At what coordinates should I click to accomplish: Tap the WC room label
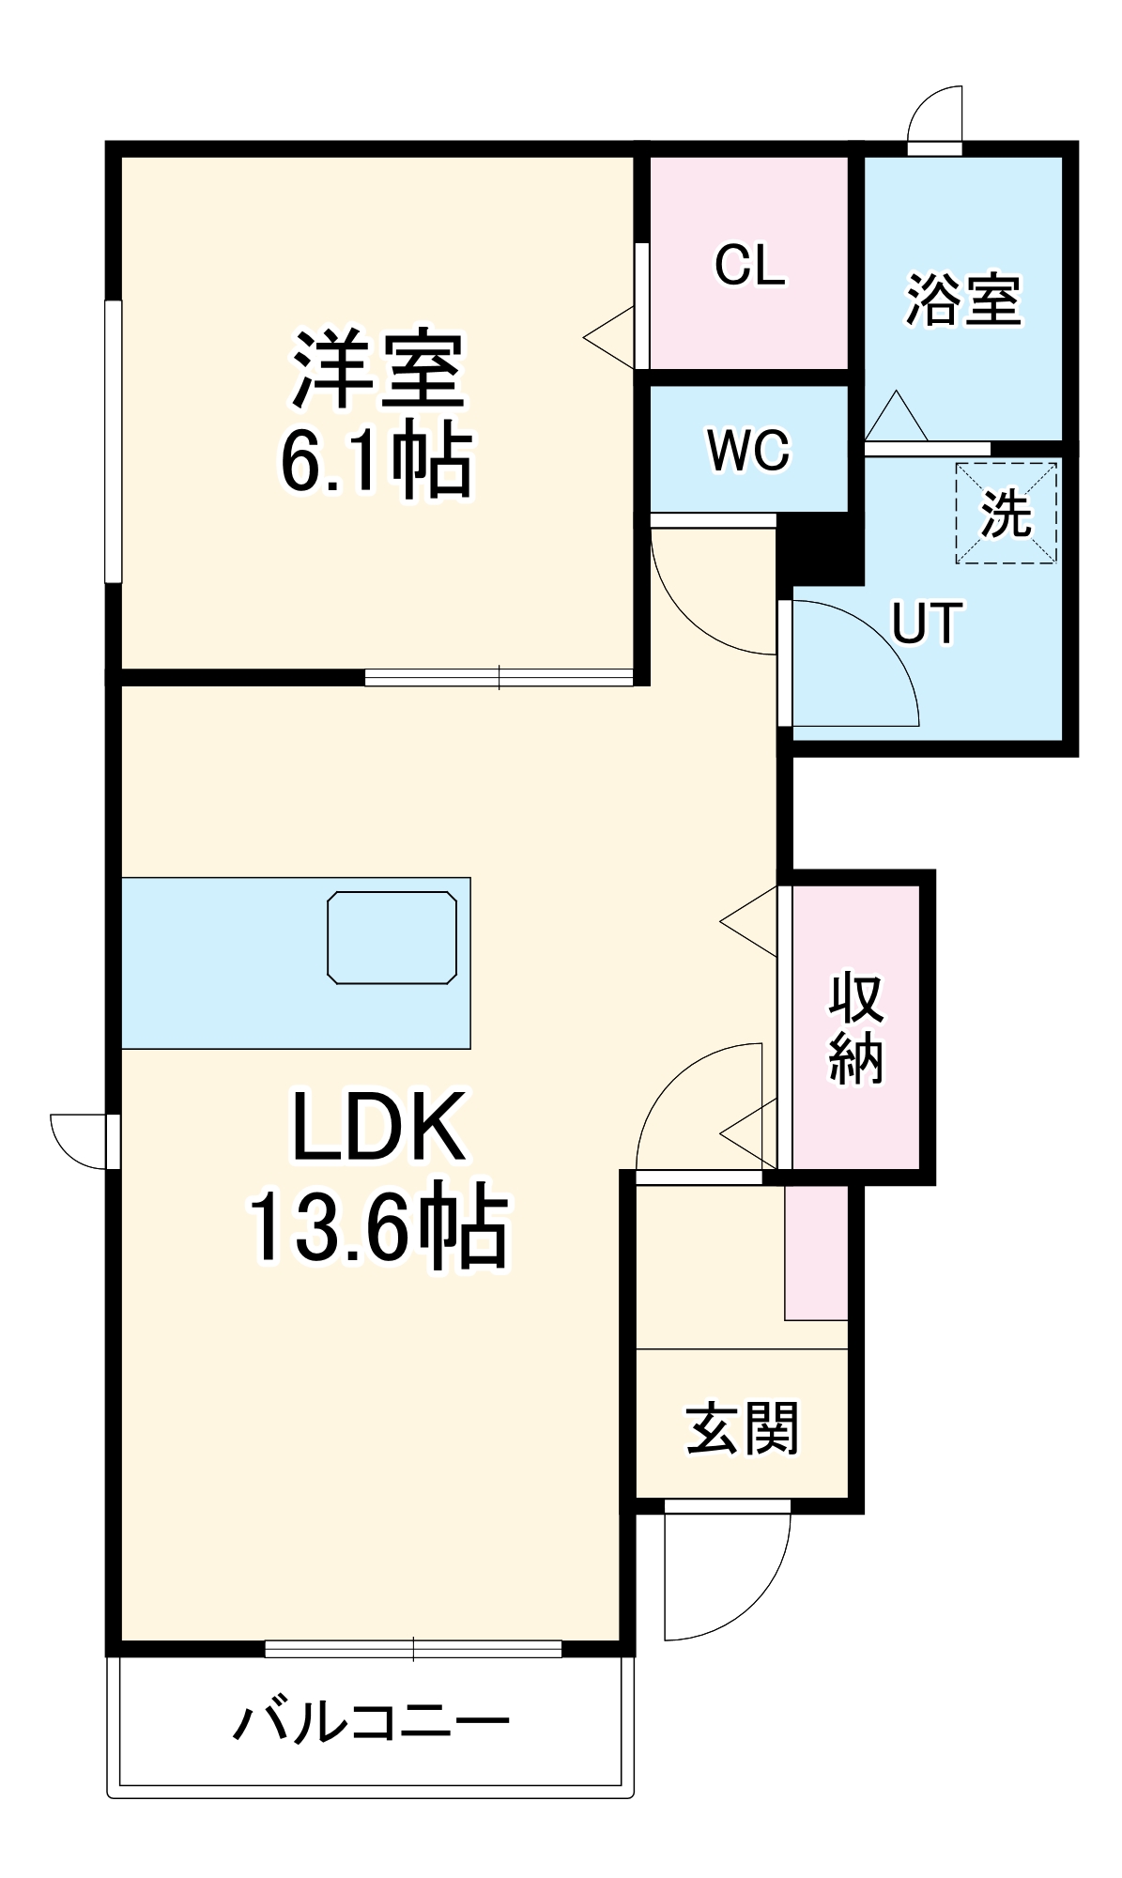point(749,451)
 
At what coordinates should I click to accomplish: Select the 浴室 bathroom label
point(962,300)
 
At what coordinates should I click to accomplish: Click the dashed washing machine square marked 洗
point(1007,513)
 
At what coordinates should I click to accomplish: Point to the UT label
point(926,623)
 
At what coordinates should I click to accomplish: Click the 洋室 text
point(377,369)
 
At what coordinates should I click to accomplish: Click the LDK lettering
point(377,1127)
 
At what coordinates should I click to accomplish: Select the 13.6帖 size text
point(377,1226)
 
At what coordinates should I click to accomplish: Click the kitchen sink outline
point(392,938)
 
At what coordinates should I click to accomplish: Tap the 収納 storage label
point(855,1029)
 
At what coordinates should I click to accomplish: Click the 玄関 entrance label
point(742,1428)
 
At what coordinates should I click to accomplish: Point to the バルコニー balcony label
point(371,1721)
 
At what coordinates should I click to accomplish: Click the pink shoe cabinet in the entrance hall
point(816,1253)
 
